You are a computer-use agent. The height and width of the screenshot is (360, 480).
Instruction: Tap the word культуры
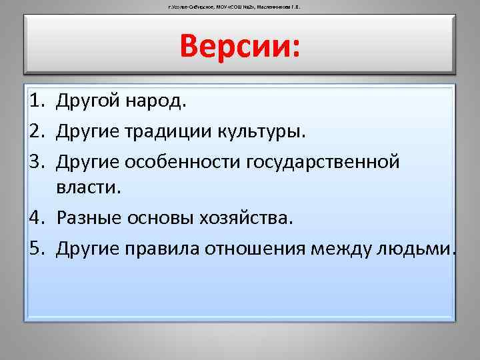click(261, 131)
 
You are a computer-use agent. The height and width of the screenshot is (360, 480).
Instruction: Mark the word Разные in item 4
click(89, 218)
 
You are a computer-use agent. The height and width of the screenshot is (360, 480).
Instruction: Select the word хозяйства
click(250, 218)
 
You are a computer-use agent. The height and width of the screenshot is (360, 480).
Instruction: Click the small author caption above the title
click(240, 7)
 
